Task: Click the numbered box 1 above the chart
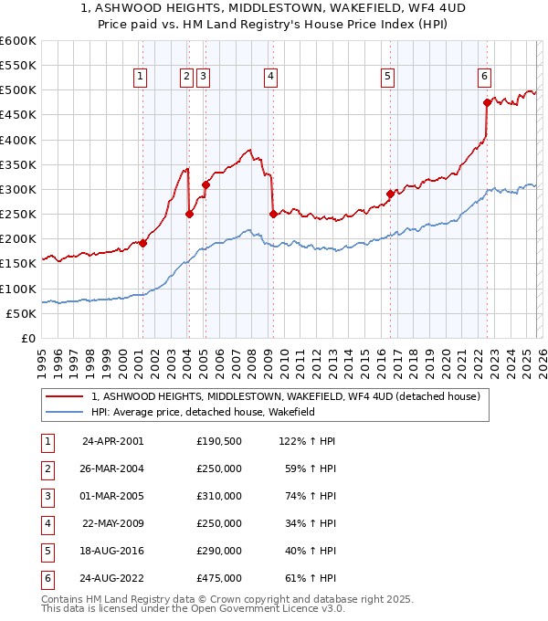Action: [141, 78]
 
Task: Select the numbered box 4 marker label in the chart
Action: [272, 78]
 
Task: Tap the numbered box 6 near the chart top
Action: [484, 78]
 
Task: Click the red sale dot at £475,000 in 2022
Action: [487, 103]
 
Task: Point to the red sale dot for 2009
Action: [273, 214]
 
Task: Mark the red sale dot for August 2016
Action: [390, 194]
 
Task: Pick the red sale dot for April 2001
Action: [143, 243]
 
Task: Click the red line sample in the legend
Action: [64, 396]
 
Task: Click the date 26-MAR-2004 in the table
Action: [113, 469]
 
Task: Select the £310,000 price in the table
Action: [219, 496]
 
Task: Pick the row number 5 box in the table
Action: [45, 551]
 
